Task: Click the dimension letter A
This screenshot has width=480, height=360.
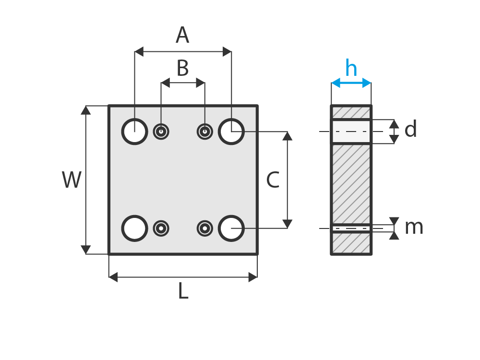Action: tap(182, 36)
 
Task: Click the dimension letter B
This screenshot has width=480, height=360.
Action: tap(182, 69)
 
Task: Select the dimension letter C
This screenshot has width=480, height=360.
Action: tap(273, 180)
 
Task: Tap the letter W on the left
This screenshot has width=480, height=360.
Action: tap(72, 180)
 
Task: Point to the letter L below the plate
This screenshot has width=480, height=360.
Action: tap(183, 291)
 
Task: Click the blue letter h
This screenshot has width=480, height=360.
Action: tap(351, 69)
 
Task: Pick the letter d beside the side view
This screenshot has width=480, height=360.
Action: tap(410, 130)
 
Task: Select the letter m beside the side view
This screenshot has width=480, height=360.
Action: tap(414, 227)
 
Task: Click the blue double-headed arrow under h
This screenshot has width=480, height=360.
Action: tap(351, 83)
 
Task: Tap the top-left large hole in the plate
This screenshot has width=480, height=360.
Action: tap(134, 132)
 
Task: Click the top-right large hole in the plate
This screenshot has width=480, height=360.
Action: tap(231, 132)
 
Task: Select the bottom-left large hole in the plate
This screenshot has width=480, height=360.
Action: tap(134, 228)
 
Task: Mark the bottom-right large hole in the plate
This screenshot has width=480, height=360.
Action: tap(231, 228)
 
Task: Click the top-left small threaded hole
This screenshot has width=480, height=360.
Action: tap(161, 132)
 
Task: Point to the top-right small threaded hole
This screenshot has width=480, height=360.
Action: tap(205, 132)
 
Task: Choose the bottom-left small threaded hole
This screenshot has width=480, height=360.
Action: tap(161, 228)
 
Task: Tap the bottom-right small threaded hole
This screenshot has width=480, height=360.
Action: tap(205, 228)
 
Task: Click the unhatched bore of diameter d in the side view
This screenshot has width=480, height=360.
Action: tap(351, 132)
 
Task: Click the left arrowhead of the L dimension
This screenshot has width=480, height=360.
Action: tap(113, 277)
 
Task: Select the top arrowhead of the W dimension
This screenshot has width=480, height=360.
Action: tap(86, 110)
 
